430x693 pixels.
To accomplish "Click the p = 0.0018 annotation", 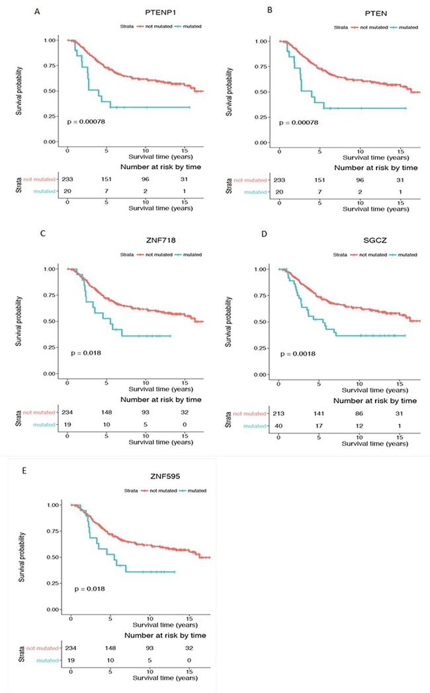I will pyautogui.click(x=298, y=353).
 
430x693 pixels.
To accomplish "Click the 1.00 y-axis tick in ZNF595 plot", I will pyautogui.click(x=56, y=505).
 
